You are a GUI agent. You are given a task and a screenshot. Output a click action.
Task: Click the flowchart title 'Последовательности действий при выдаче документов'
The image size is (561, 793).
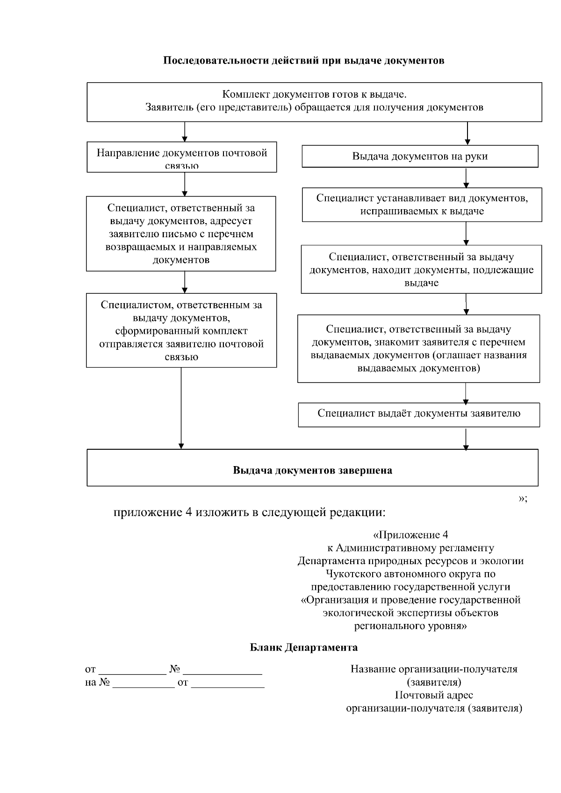[x=303, y=61]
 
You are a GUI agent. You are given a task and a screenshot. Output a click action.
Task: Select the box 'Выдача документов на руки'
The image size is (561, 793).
[x=420, y=156]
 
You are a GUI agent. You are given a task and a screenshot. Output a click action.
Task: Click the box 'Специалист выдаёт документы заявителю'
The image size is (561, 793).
[x=419, y=414]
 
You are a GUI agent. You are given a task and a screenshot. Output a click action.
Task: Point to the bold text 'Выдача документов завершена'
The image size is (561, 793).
[x=312, y=470]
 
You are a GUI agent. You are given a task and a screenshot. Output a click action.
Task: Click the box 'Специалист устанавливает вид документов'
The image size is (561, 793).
[x=422, y=205]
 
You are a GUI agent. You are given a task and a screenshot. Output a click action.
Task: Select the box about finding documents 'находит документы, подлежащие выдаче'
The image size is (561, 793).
[x=421, y=269]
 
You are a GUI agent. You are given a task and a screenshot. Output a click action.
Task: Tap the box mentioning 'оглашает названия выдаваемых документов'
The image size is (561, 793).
[x=418, y=349]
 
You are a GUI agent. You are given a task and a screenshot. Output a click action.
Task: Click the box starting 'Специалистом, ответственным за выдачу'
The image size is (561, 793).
[x=181, y=331]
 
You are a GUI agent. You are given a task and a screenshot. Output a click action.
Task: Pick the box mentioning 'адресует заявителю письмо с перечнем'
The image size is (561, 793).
[x=181, y=234]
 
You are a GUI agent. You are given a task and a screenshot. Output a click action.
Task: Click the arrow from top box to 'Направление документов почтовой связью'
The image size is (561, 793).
[x=185, y=132]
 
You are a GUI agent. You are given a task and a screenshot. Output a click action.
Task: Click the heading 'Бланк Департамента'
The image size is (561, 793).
[x=304, y=647]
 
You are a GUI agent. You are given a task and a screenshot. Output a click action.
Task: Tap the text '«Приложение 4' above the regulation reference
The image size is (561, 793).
[x=411, y=535]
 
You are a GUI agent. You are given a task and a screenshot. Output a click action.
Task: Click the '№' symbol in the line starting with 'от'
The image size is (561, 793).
[x=175, y=669]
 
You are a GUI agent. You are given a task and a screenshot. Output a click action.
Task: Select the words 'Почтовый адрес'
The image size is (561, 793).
[x=434, y=695]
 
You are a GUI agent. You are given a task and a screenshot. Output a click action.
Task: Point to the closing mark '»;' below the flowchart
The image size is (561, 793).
[x=523, y=498]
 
